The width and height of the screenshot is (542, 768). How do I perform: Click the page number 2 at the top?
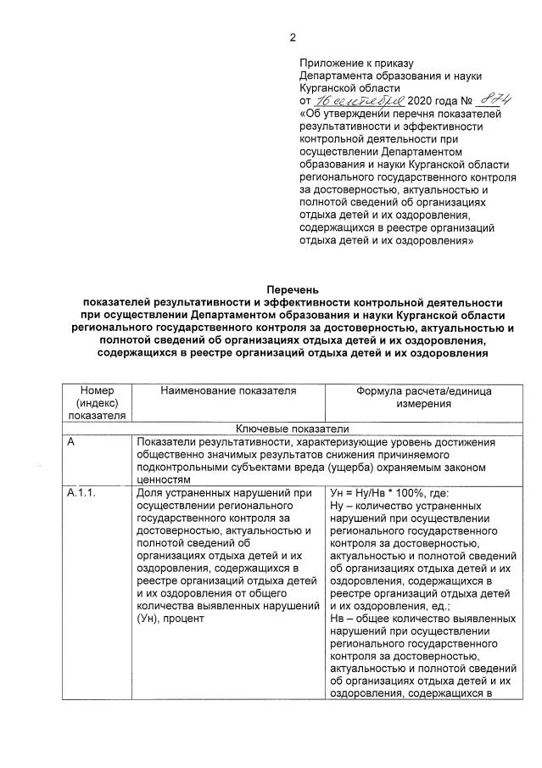(x=293, y=37)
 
